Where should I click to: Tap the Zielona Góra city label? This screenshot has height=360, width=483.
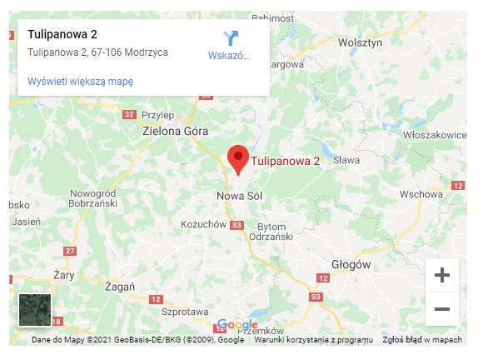pos(177,131)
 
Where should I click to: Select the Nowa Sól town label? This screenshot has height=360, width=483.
pos(233,196)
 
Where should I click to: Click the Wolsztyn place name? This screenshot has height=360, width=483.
pos(360,42)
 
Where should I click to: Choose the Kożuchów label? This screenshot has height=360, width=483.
pos(203,224)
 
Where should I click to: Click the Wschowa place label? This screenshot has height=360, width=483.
pos(421,193)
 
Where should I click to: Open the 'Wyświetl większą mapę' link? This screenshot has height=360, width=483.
pos(80,82)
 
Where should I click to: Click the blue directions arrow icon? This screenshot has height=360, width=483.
pos(231,38)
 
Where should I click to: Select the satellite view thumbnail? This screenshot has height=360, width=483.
pos(35,310)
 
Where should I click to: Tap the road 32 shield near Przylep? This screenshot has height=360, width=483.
pos(128,114)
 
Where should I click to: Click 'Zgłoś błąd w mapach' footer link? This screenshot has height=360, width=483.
pos(422,340)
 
